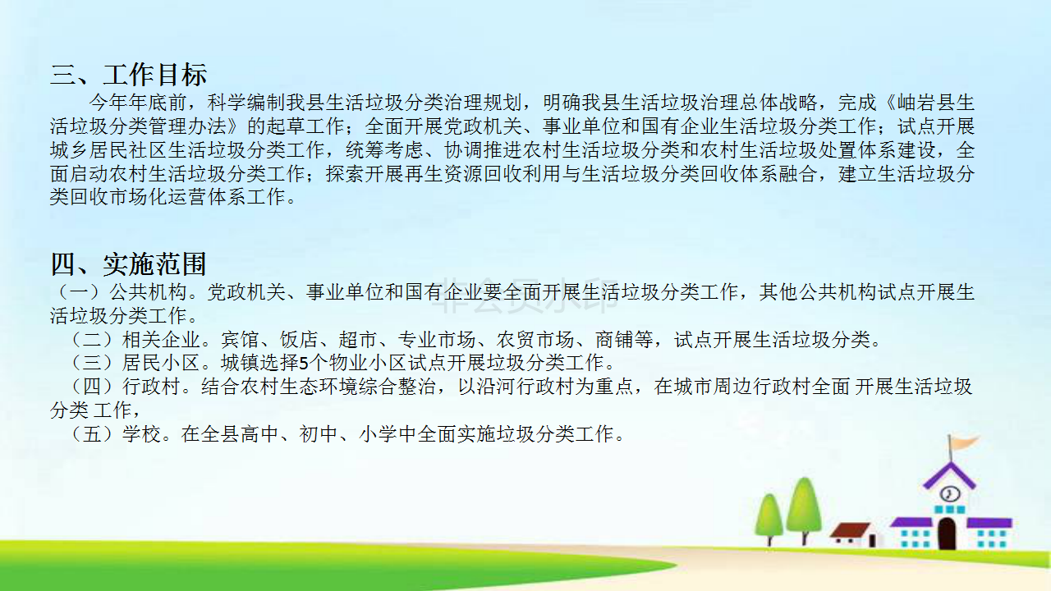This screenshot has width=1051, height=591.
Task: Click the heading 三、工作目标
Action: tap(129, 75)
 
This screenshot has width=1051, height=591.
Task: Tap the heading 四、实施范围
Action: tap(129, 264)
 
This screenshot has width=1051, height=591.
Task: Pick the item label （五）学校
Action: tap(115, 434)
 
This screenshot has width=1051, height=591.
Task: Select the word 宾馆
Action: tap(240, 340)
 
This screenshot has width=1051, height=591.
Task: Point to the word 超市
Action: tap(358, 340)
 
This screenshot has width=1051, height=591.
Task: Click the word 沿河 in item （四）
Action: tap(497, 387)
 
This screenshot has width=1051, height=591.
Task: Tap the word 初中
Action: tap(319, 434)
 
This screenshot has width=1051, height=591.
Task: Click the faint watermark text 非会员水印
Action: tap(524, 297)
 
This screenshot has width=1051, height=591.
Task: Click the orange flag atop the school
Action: tap(964, 442)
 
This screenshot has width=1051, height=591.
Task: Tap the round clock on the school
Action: tap(950, 494)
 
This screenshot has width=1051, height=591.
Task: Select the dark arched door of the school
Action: tap(947, 534)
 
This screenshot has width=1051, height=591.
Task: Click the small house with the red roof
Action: tap(854, 534)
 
